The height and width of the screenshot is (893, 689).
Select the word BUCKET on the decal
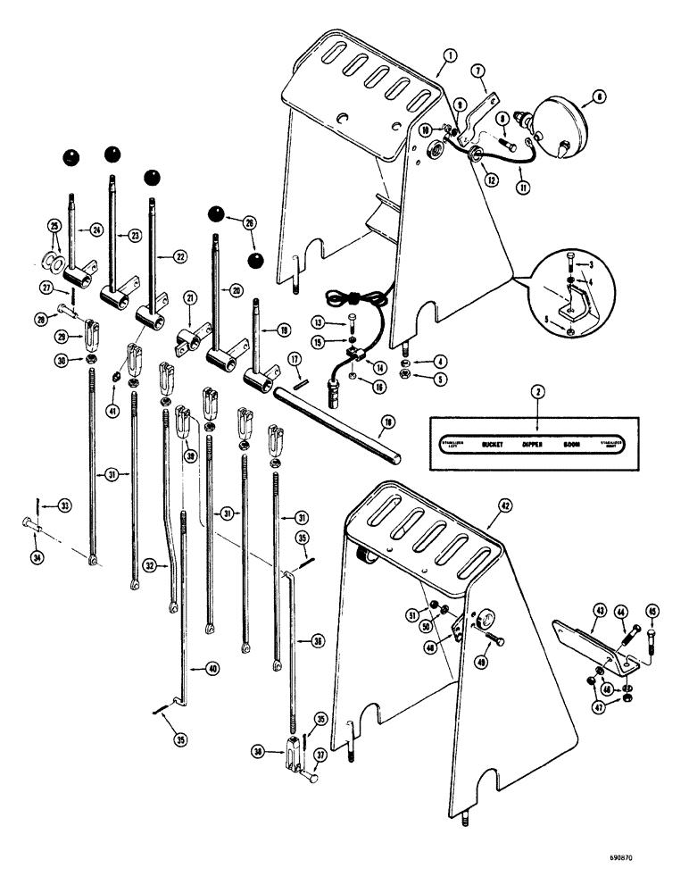point(493,443)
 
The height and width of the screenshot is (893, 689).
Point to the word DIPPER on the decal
point(534,443)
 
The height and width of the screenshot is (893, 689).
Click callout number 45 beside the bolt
point(651,611)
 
